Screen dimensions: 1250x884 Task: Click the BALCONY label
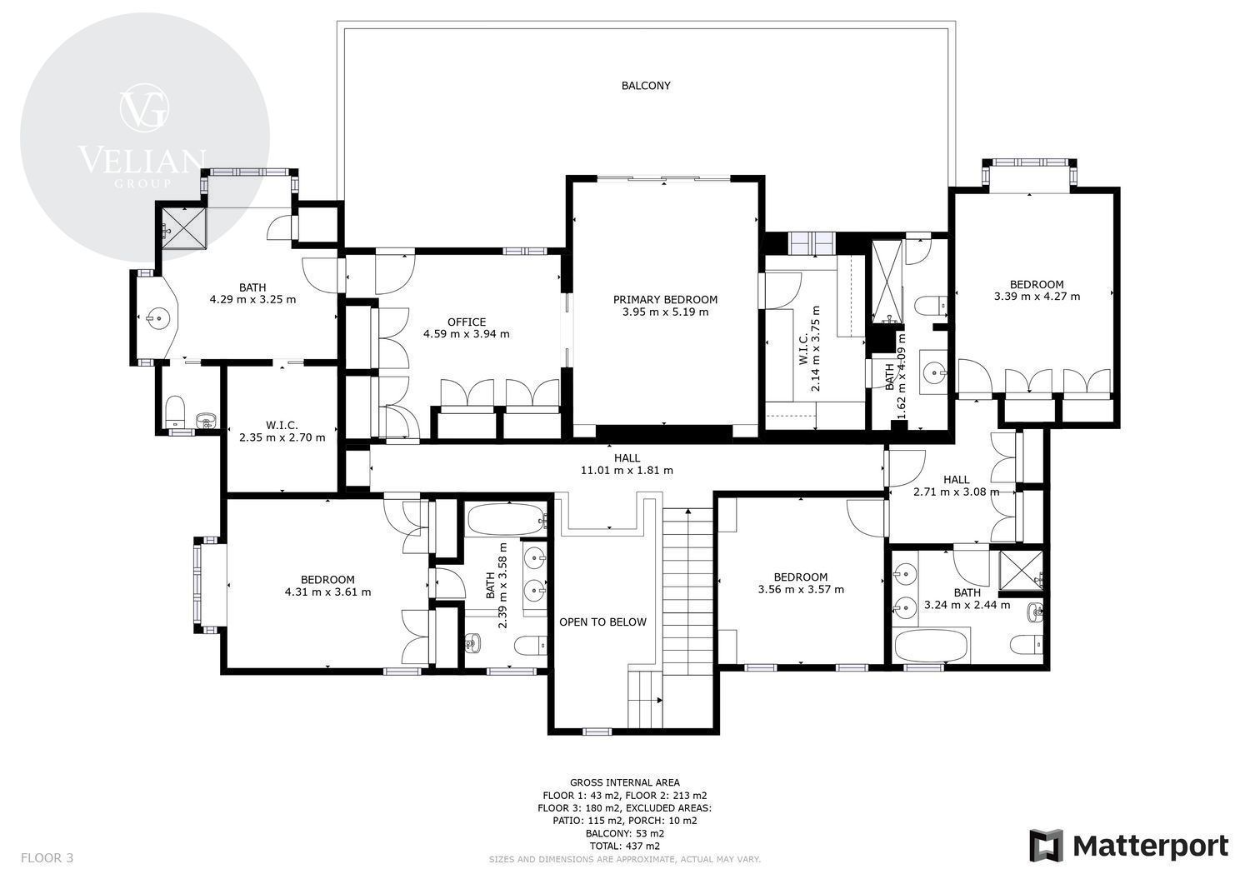click(x=646, y=85)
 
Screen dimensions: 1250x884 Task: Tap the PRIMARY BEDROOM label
click(x=665, y=300)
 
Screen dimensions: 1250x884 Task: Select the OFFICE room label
click(x=467, y=322)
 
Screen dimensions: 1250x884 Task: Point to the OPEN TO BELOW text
click(x=602, y=622)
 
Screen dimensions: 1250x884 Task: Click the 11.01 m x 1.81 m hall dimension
click(x=627, y=471)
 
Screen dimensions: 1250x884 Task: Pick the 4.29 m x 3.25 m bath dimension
click(x=252, y=300)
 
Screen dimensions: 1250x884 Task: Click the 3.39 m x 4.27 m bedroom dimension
click(x=1037, y=297)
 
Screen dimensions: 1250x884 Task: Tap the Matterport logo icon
click(x=1047, y=846)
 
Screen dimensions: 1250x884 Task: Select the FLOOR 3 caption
click(x=47, y=858)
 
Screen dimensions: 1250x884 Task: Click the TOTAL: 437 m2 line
click(x=624, y=846)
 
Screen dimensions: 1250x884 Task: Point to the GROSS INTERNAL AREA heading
click(x=624, y=782)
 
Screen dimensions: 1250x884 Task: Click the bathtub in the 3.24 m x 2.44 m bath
click(x=931, y=646)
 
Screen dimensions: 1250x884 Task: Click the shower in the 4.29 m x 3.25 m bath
click(x=184, y=228)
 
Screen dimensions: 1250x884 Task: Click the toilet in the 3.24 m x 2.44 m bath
click(x=1026, y=645)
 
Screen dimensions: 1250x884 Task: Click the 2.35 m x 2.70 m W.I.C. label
click(x=282, y=432)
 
